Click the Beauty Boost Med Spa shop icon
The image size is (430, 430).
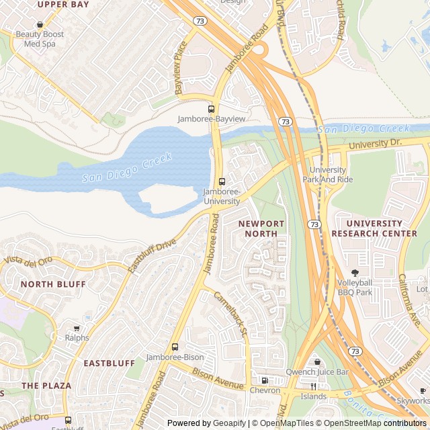pyautogui.click(x=40, y=24)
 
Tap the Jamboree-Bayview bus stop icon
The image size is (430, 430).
pyautogui.click(x=211, y=109)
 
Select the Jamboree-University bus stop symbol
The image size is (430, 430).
pyautogui.click(x=222, y=181)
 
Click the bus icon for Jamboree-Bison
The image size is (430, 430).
pyautogui.click(x=175, y=347)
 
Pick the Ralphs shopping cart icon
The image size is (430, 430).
pyautogui.click(x=77, y=329)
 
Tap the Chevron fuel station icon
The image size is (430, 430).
pyautogui.click(x=264, y=380)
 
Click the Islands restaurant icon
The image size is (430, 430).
pyautogui.click(x=313, y=386)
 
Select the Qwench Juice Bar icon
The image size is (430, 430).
pyautogui.click(x=317, y=362)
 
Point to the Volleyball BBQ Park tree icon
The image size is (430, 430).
pyautogui.click(x=355, y=273)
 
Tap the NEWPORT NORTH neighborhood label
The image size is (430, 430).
pyautogui.click(x=261, y=228)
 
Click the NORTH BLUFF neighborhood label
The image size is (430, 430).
pyautogui.click(x=53, y=284)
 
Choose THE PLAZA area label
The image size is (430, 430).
pyautogui.click(x=46, y=385)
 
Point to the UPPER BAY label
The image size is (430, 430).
pyautogui.click(x=63, y=4)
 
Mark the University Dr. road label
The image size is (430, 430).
pyautogui.click(x=375, y=144)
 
